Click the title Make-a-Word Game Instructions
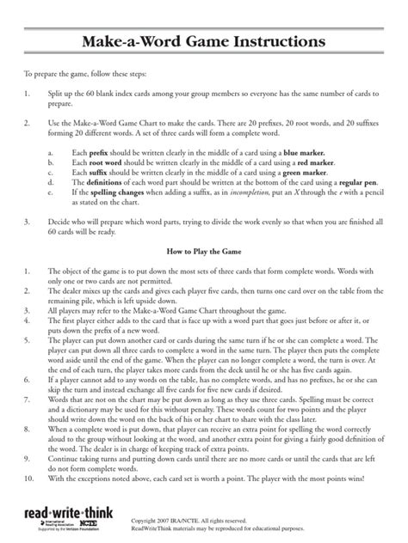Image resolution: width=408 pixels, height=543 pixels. [x=204, y=42]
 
